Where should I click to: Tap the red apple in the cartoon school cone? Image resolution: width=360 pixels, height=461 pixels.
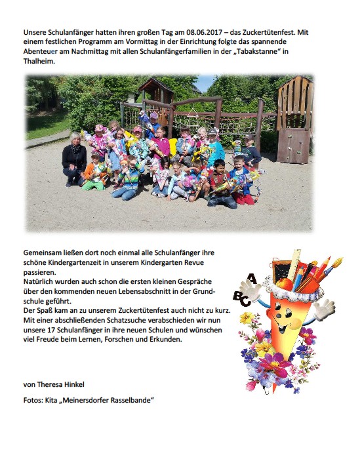tap(284, 283)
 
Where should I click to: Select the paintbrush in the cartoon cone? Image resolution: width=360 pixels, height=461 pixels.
tap(331, 270)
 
